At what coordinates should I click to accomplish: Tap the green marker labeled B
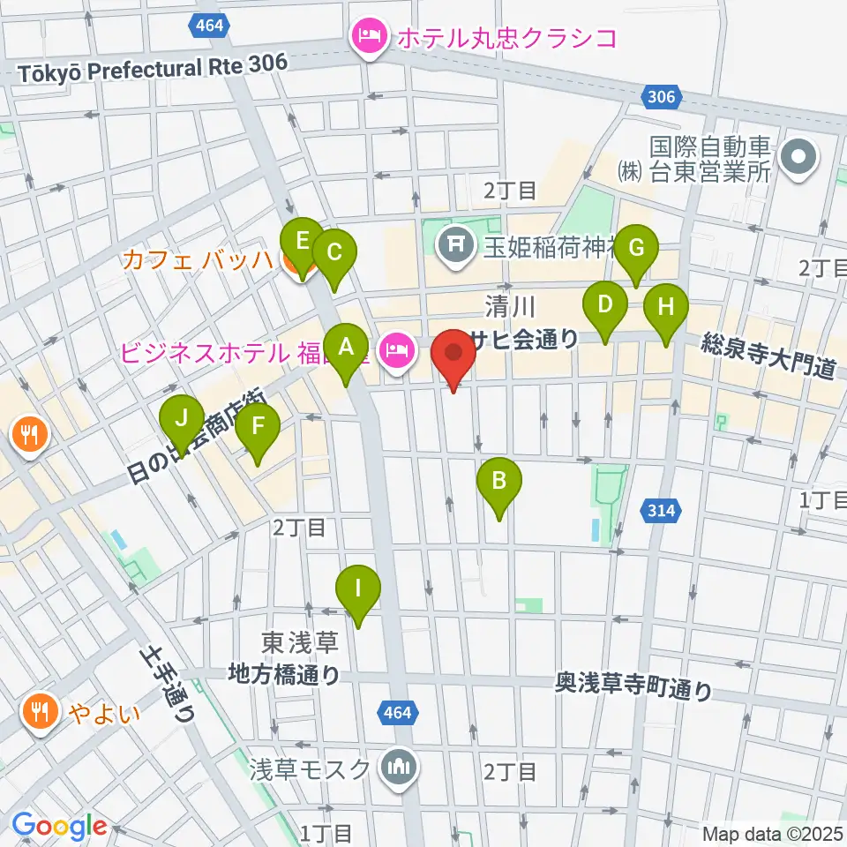coord(498,481)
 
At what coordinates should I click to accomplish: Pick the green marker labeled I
coord(358,588)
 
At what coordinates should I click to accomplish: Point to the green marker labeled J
coord(181,418)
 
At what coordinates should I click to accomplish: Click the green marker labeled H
coord(666,309)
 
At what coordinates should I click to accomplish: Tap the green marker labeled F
coord(258,427)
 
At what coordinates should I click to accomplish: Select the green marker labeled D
coord(604,306)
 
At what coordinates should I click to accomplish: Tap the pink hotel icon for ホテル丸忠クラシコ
coord(364,37)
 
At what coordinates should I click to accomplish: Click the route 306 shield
coord(661,96)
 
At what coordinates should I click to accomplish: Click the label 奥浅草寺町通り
coord(633,686)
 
